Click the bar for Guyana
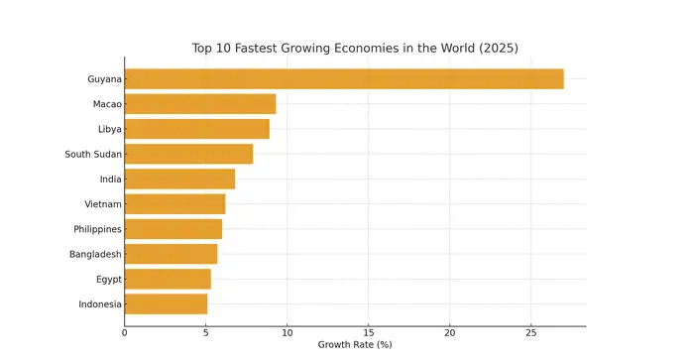[x=344, y=79]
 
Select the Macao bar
[x=200, y=104]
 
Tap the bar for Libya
[x=196, y=129]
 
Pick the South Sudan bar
[x=188, y=154]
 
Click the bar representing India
[x=179, y=179]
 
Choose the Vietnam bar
[x=174, y=204]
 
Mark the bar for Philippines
[x=173, y=229]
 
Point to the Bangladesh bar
[x=171, y=254]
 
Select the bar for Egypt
[x=168, y=279]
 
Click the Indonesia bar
[x=166, y=303]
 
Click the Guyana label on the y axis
[x=104, y=79]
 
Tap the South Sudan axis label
[x=93, y=154]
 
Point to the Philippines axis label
[x=97, y=229]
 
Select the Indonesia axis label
[x=100, y=303]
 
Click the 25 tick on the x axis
[x=531, y=333]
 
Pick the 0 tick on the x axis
[x=125, y=333]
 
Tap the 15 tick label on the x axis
[x=369, y=333]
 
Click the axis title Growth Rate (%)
[x=355, y=346]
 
